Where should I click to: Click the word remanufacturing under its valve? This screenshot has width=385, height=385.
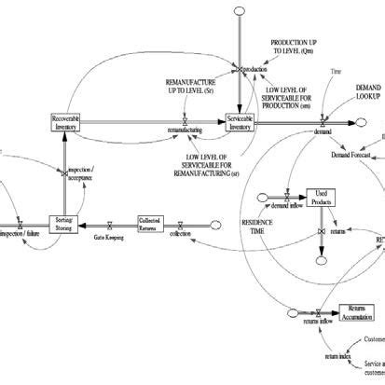185,131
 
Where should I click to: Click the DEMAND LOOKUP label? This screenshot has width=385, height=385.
368,89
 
